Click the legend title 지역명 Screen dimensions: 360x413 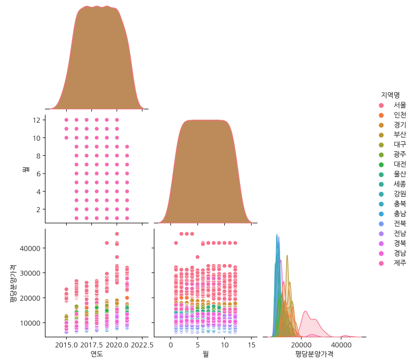(x=390, y=94)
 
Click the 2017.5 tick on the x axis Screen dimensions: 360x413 (x=91, y=344)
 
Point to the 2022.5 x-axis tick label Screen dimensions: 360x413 (x=142, y=344)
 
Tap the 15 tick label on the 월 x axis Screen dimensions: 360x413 (x=251, y=344)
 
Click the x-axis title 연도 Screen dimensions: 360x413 (x=97, y=354)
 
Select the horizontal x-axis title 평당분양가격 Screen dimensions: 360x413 (x=314, y=354)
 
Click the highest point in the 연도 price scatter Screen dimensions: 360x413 (x=117, y=234)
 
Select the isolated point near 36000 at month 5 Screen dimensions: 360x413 (x=198, y=257)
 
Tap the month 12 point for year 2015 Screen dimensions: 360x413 (x=66, y=120)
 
